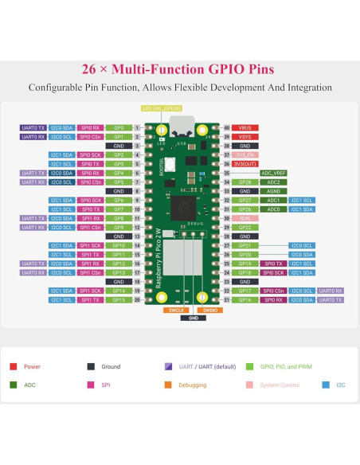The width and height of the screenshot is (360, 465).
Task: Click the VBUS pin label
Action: click(245, 127)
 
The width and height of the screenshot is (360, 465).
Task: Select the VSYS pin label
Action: click(245, 137)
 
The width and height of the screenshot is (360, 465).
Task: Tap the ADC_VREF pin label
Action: click(273, 173)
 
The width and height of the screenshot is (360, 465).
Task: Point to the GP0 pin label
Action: click(118, 127)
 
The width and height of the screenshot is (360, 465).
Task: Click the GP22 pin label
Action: click(245, 227)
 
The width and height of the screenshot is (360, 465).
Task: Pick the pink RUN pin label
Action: click(245, 218)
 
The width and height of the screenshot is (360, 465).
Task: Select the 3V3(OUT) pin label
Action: click(245, 164)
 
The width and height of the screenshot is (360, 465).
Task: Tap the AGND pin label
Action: click(273, 191)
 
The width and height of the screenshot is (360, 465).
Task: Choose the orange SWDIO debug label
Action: click(210, 310)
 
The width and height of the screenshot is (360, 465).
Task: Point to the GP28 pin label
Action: click(245, 182)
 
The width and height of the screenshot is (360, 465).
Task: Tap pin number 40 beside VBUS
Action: click(226, 127)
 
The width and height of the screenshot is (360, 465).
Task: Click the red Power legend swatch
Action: click(14, 367)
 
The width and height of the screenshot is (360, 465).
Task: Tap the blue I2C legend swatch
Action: click(326, 385)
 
